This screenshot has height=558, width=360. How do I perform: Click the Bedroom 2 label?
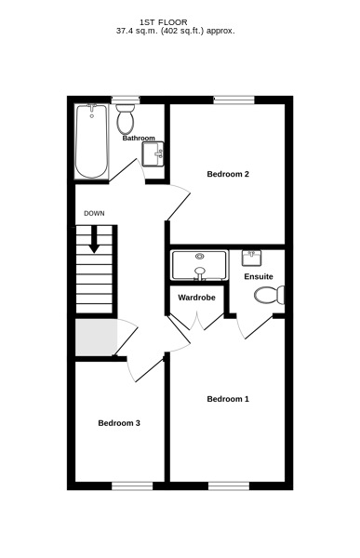tap(228, 174)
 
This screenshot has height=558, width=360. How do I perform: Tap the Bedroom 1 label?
tap(228, 399)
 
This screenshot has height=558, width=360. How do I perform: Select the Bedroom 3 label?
tap(119, 423)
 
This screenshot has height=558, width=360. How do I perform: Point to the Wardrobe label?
tap(196, 298)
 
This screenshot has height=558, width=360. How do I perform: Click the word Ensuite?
tap(259, 276)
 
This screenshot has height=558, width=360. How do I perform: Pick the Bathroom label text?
tap(139, 138)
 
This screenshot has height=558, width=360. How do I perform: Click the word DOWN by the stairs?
tap(94, 214)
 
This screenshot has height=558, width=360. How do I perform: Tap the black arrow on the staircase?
tap(94, 239)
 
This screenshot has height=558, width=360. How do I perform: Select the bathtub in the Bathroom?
tap(91, 141)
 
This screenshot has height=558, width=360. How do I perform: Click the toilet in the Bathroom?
tap(125, 119)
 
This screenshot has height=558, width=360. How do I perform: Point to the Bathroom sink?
tap(153, 153)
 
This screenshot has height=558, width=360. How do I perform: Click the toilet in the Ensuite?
tap(270, 295)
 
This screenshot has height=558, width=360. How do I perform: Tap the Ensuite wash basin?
tap(251, 258)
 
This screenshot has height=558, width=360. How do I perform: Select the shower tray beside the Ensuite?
tap(199, 265)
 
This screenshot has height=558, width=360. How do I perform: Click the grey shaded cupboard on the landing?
tap(97, 338)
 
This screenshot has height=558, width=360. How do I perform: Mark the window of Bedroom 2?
tap(233, 100)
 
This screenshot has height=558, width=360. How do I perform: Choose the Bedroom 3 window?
tap(132, 486)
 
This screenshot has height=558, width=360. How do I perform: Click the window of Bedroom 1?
tap(229, 486)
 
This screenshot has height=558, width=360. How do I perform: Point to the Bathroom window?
tap(126, 100)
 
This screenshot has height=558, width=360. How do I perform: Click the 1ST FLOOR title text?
tap(164, 22)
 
